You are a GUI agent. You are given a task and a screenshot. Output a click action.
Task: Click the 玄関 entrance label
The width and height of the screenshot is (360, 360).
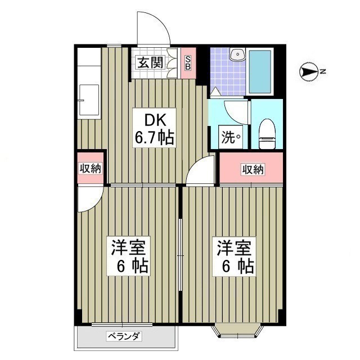(150, 62)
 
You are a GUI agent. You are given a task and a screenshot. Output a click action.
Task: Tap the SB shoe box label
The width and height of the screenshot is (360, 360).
(188, 62)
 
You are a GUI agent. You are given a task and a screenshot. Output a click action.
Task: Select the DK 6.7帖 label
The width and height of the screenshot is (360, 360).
(154, 128)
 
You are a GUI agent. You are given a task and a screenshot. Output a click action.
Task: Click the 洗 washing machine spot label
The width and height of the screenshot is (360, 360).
(231, 137)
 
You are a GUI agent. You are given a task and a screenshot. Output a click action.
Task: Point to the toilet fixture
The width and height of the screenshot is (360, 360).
(267, 134)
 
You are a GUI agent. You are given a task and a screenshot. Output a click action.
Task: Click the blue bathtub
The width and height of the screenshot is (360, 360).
(260, 71)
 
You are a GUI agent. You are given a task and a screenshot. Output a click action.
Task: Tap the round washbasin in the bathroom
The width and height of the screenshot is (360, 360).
(238, 55)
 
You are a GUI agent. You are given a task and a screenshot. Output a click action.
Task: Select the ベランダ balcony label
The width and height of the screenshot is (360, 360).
(124, 337)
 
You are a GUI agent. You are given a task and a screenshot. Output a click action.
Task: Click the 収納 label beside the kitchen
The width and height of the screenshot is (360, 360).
(90, 169)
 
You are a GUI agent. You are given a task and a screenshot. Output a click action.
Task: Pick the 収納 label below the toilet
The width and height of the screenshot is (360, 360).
(253, 170)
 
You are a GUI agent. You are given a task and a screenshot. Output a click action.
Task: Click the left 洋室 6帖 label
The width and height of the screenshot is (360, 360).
(129, 256)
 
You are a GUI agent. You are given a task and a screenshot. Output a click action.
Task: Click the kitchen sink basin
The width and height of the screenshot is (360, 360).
(89, 100)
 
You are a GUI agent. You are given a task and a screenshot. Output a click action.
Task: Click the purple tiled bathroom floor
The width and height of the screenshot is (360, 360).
(228, 71)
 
